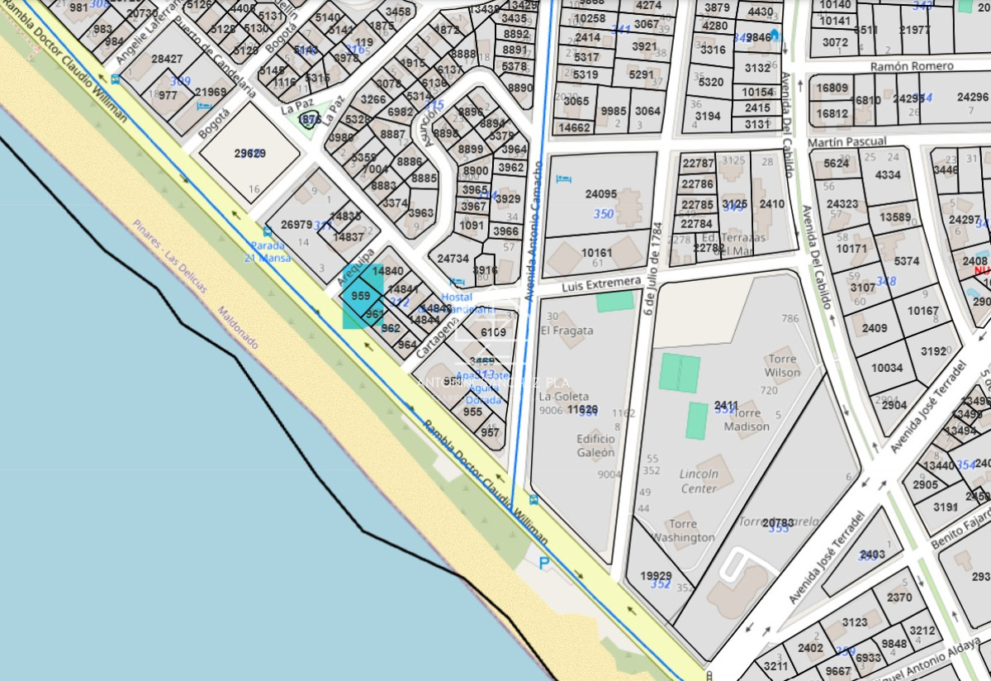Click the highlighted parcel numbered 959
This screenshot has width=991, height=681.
360,296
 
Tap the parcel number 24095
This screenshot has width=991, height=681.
600,195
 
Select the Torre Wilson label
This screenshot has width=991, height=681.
782,365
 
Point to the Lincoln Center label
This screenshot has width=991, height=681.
699,481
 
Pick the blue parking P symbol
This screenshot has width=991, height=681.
543,563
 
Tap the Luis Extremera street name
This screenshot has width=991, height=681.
600,285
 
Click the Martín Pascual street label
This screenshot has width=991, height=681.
847,142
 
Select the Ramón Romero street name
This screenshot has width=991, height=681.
912,66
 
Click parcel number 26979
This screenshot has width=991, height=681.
296,225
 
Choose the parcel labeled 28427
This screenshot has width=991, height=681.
166,59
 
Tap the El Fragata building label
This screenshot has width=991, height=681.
567,330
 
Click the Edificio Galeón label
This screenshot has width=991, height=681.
596,445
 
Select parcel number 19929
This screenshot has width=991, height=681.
656,576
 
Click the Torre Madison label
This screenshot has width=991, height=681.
747,420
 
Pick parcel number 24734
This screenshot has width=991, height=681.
453,259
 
